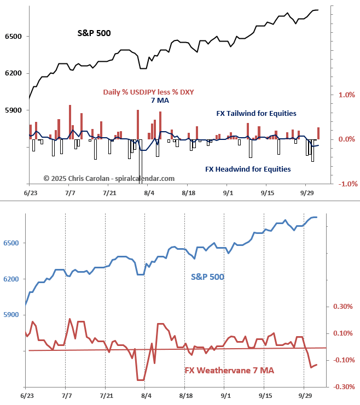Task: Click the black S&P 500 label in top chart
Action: point(94,33)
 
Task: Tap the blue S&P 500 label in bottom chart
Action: point(207,277)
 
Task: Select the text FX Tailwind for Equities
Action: point(256,114)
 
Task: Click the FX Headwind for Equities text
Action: point(248,169)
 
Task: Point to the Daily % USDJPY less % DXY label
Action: point(148,92)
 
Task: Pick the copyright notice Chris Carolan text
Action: point(109,178)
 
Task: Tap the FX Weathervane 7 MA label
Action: point(229,370)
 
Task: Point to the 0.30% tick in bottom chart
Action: point(342,306)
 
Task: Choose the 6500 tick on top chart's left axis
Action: point(13,37)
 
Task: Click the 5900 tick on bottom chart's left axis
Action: point(13,315)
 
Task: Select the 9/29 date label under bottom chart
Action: point(304,394)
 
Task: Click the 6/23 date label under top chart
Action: point(31,193)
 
